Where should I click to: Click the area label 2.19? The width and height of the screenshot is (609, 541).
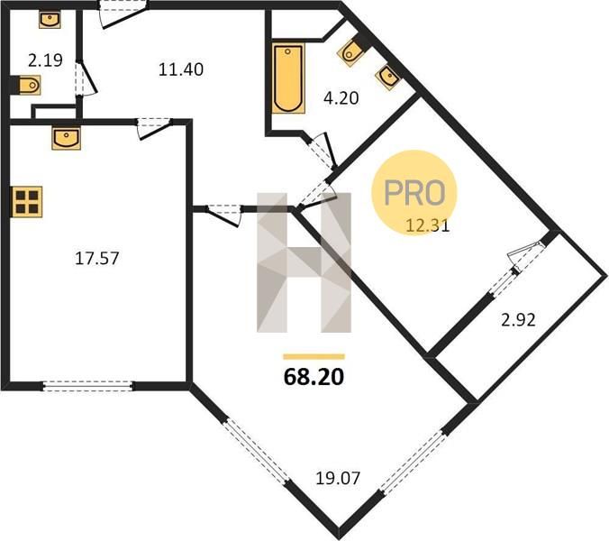pyautogui.click(x=45, y=60)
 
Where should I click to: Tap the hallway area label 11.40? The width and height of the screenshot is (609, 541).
pyautogui.click(x=181, y=69)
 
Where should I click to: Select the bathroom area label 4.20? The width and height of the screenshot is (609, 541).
pyautogui.click(x=341, y=98)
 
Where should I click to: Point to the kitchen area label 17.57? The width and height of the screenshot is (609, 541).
pyautogui.click(x=96, y=259)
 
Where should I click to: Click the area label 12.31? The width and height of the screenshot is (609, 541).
pyautogui.click(x=428, y=225)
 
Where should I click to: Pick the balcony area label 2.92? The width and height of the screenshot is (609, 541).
pyautogui.click(x=519, y=320)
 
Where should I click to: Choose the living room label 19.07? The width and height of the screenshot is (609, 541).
pyautogui.click(x=338, y=479)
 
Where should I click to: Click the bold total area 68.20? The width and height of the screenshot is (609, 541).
pyautogui.click(x=314, y=377)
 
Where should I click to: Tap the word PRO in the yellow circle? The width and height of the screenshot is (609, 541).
pyautogui.click(x=414, y=193)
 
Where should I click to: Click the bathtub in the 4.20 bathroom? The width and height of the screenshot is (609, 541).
pyautogui.click(x=288, y=78)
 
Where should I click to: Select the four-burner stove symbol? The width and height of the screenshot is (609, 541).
pyautogui.click(x=27, y=202)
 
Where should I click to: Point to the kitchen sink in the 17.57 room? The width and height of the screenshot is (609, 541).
pyautogui.click(x=66, y=138)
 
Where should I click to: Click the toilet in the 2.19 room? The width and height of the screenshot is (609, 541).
pyautogui.click(x=27, y=85)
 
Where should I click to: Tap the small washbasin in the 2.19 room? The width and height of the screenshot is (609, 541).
pyautogui.click(x=50, y=20)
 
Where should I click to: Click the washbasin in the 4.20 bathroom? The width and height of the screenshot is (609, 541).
pyautogui.click(x=388, y=78)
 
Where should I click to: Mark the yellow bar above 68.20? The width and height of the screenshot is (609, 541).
pyautogui.click(x=314, y=357)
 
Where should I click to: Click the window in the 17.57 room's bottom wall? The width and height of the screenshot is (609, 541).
pyautogui.click(x=87, y=386)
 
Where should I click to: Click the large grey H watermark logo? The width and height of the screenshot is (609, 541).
pyautogui.click(x=304, y=262)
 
